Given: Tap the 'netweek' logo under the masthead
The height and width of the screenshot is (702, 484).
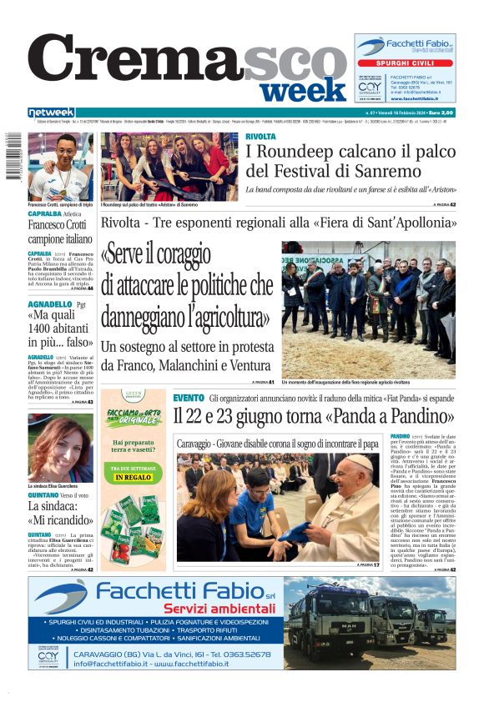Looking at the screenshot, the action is (x=51, y=113).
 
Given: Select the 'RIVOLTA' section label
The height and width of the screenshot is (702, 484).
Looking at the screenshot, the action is (x=260, y=136).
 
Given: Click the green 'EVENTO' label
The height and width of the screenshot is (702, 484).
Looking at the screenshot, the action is (x=189, y=398).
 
